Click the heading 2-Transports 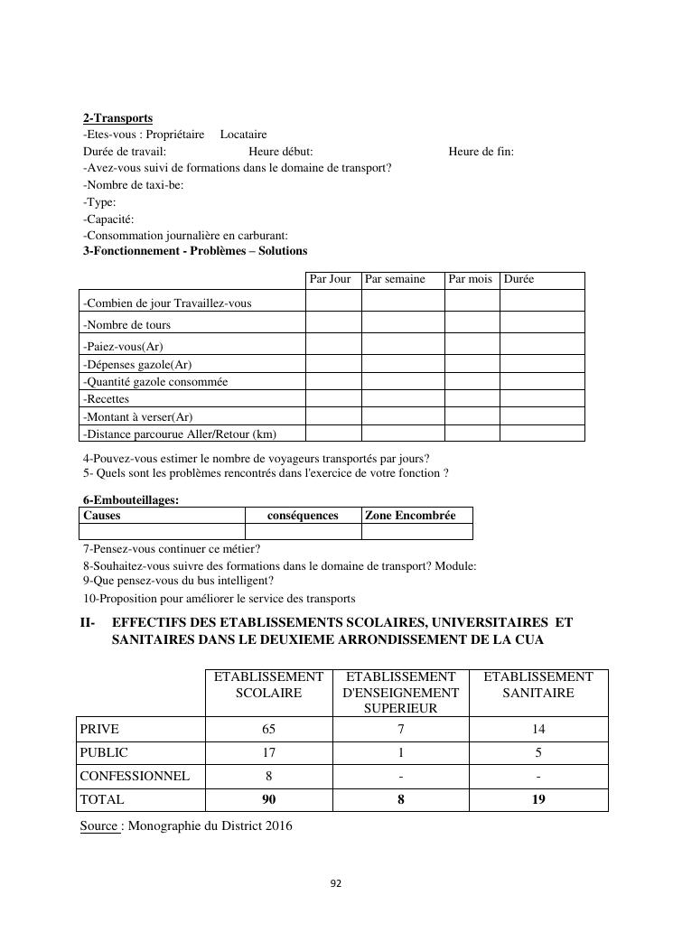pos(117,118)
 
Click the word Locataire pos(244,135)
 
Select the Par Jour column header pos(330,279)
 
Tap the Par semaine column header pos(395,279)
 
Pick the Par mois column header pos(470,279)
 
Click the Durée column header pos(519,279)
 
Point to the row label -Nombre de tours pos(126,325)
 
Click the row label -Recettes pos(106,398)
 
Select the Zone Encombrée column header pos(410,516)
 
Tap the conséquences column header pos(304,516)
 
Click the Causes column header pos(102,516)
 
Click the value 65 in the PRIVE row pos(268,729)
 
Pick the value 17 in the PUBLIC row pos(268,752)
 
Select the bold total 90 pos(268,799)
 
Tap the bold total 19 pos(538,799)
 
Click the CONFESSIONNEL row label pos(135,776)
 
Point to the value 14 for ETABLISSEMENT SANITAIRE pos(538,729)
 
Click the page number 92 pos(336,884)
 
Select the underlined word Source pos(99,825)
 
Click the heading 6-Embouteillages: pos(131,500)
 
